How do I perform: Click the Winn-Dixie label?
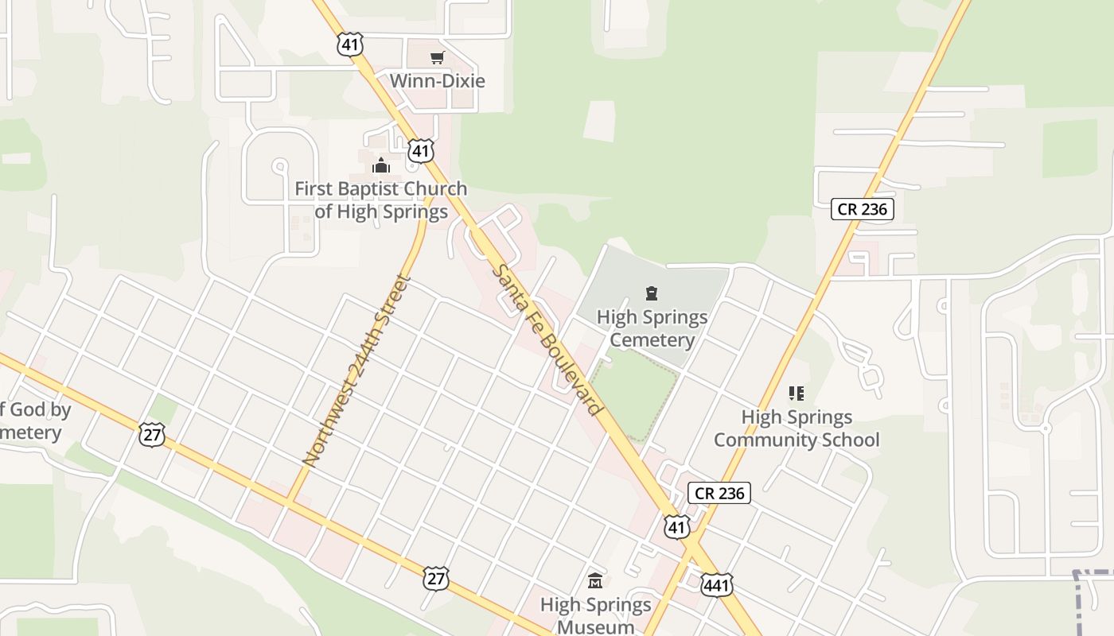click(x=437, y=81)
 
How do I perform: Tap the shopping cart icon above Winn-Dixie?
click(x=437, y=57)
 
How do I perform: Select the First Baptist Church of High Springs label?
click(x=381, y=200)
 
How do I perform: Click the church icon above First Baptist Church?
click(x=381, y=165)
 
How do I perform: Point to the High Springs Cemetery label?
click(x=652, y=328)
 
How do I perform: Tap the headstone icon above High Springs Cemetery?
click(x=652, y=294)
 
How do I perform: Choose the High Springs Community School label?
click(x=797, y=429)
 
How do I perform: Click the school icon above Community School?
click(x=797, y=393)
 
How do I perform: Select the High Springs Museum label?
click(x=595, y=615)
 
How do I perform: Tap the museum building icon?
click(x=595, y=581)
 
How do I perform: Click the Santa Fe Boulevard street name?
click(x=547, y=340)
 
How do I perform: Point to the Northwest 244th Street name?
click(x=356, y=371)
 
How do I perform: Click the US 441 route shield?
click(x=716, y=584)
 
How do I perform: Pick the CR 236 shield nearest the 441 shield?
click(x=719, y=493)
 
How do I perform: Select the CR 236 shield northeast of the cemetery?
click(x=863, y=209)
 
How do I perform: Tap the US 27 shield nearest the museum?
click(x=436, y=578)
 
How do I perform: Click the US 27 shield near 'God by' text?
click(x=151, y=434)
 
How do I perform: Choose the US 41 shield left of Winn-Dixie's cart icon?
click(x=350, y=44)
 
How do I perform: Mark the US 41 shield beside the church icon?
click(x=421, y=150)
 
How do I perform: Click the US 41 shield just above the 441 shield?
click(x=676, y=525)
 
